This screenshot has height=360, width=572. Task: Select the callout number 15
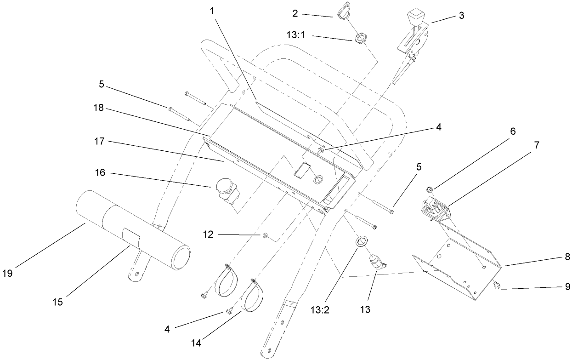[57, 302]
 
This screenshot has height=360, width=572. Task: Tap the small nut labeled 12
[266, 236]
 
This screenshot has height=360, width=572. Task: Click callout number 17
[100, 141]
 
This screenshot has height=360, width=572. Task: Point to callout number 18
[100, 109]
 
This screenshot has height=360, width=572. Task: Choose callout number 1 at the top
[213, 11]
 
